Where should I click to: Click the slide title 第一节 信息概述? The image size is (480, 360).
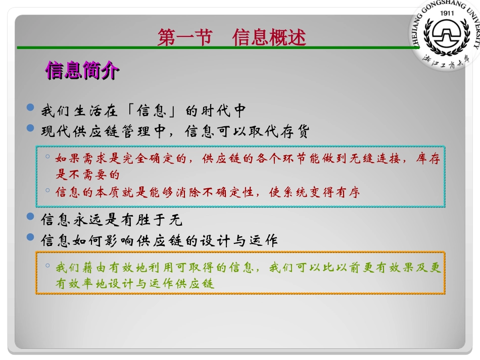pyautogui.click(x=232, y=38)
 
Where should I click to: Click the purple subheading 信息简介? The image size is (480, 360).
pyautogui.click(x=82, y=71)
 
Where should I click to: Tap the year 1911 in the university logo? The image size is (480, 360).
pyautogui.click(x=446, y=14)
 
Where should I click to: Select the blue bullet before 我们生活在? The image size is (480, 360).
pyautogui.click(x=31, y=108)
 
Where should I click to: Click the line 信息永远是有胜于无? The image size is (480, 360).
pyautogui.click(x=112, y=220)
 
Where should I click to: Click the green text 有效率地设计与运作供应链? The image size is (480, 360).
pyautogui.click(x=135, y=283)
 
